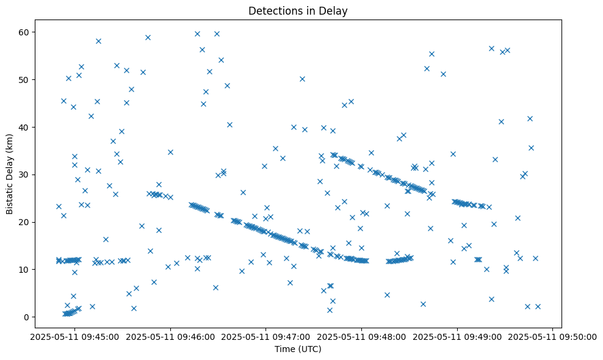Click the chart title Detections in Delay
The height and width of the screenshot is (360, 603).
pos(298,10)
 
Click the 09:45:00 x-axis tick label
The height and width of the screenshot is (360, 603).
pos(75,336)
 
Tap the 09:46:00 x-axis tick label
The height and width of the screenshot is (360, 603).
pos(171,336)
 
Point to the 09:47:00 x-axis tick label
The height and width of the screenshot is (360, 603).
pos(266,336)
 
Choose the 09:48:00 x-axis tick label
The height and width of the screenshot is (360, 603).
pos(362,336)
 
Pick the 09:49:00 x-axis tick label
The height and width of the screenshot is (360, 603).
pos(458,336)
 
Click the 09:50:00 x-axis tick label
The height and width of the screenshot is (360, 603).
pos(553,336)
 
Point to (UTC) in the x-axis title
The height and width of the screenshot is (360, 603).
pos(309,350)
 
